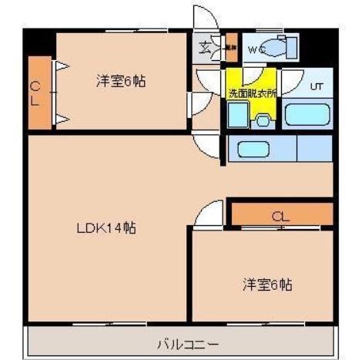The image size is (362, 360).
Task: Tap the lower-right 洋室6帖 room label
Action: coord(268,284)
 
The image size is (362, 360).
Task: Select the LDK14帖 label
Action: coord(106,228)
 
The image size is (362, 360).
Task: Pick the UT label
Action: coord(316,86)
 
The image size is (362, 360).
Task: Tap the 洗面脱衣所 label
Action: coord(251,93)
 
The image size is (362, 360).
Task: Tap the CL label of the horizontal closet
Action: coord(280,217)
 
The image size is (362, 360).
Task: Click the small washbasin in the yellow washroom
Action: coord(263,120)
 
